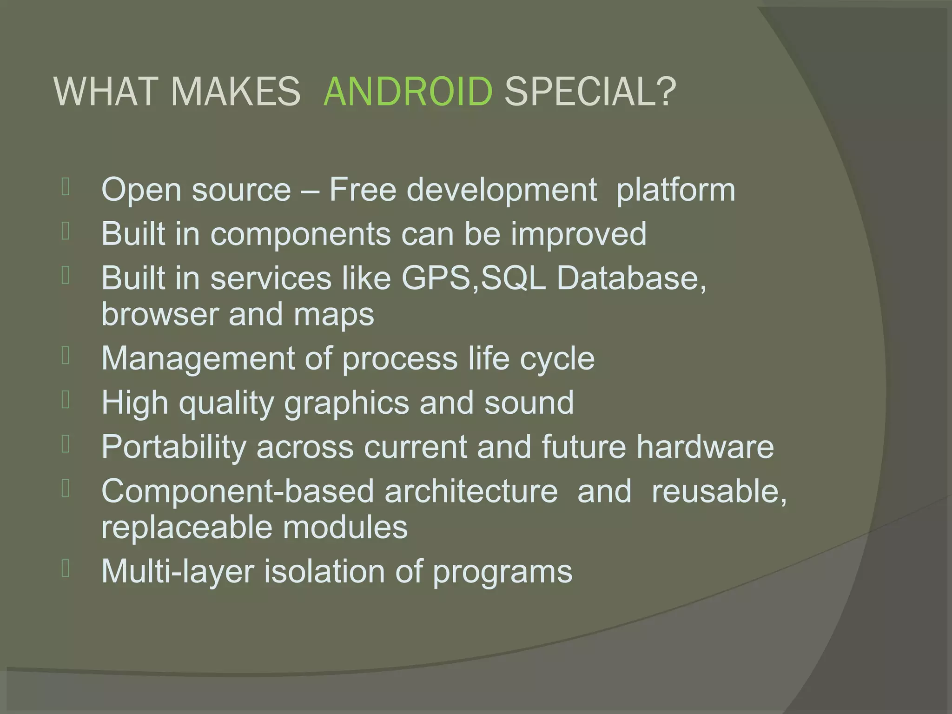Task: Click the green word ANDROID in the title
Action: coord(408,91)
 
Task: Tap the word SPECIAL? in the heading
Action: coord(590,91)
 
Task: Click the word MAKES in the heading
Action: coord(236,91)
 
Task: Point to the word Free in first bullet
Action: coord(363,190)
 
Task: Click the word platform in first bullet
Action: coord(675,190)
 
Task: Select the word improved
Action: coord(579,233)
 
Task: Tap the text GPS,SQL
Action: coord(473,278)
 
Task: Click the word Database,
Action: coord(631,278)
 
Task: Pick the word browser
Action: coord(159,314)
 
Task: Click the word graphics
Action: coord(347,403)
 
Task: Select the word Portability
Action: coord(173,447)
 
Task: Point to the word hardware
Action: coord(705,447)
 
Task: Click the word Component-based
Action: coord(238,491)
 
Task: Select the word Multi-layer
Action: coord(178,571)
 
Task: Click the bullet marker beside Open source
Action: coord(66,187)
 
